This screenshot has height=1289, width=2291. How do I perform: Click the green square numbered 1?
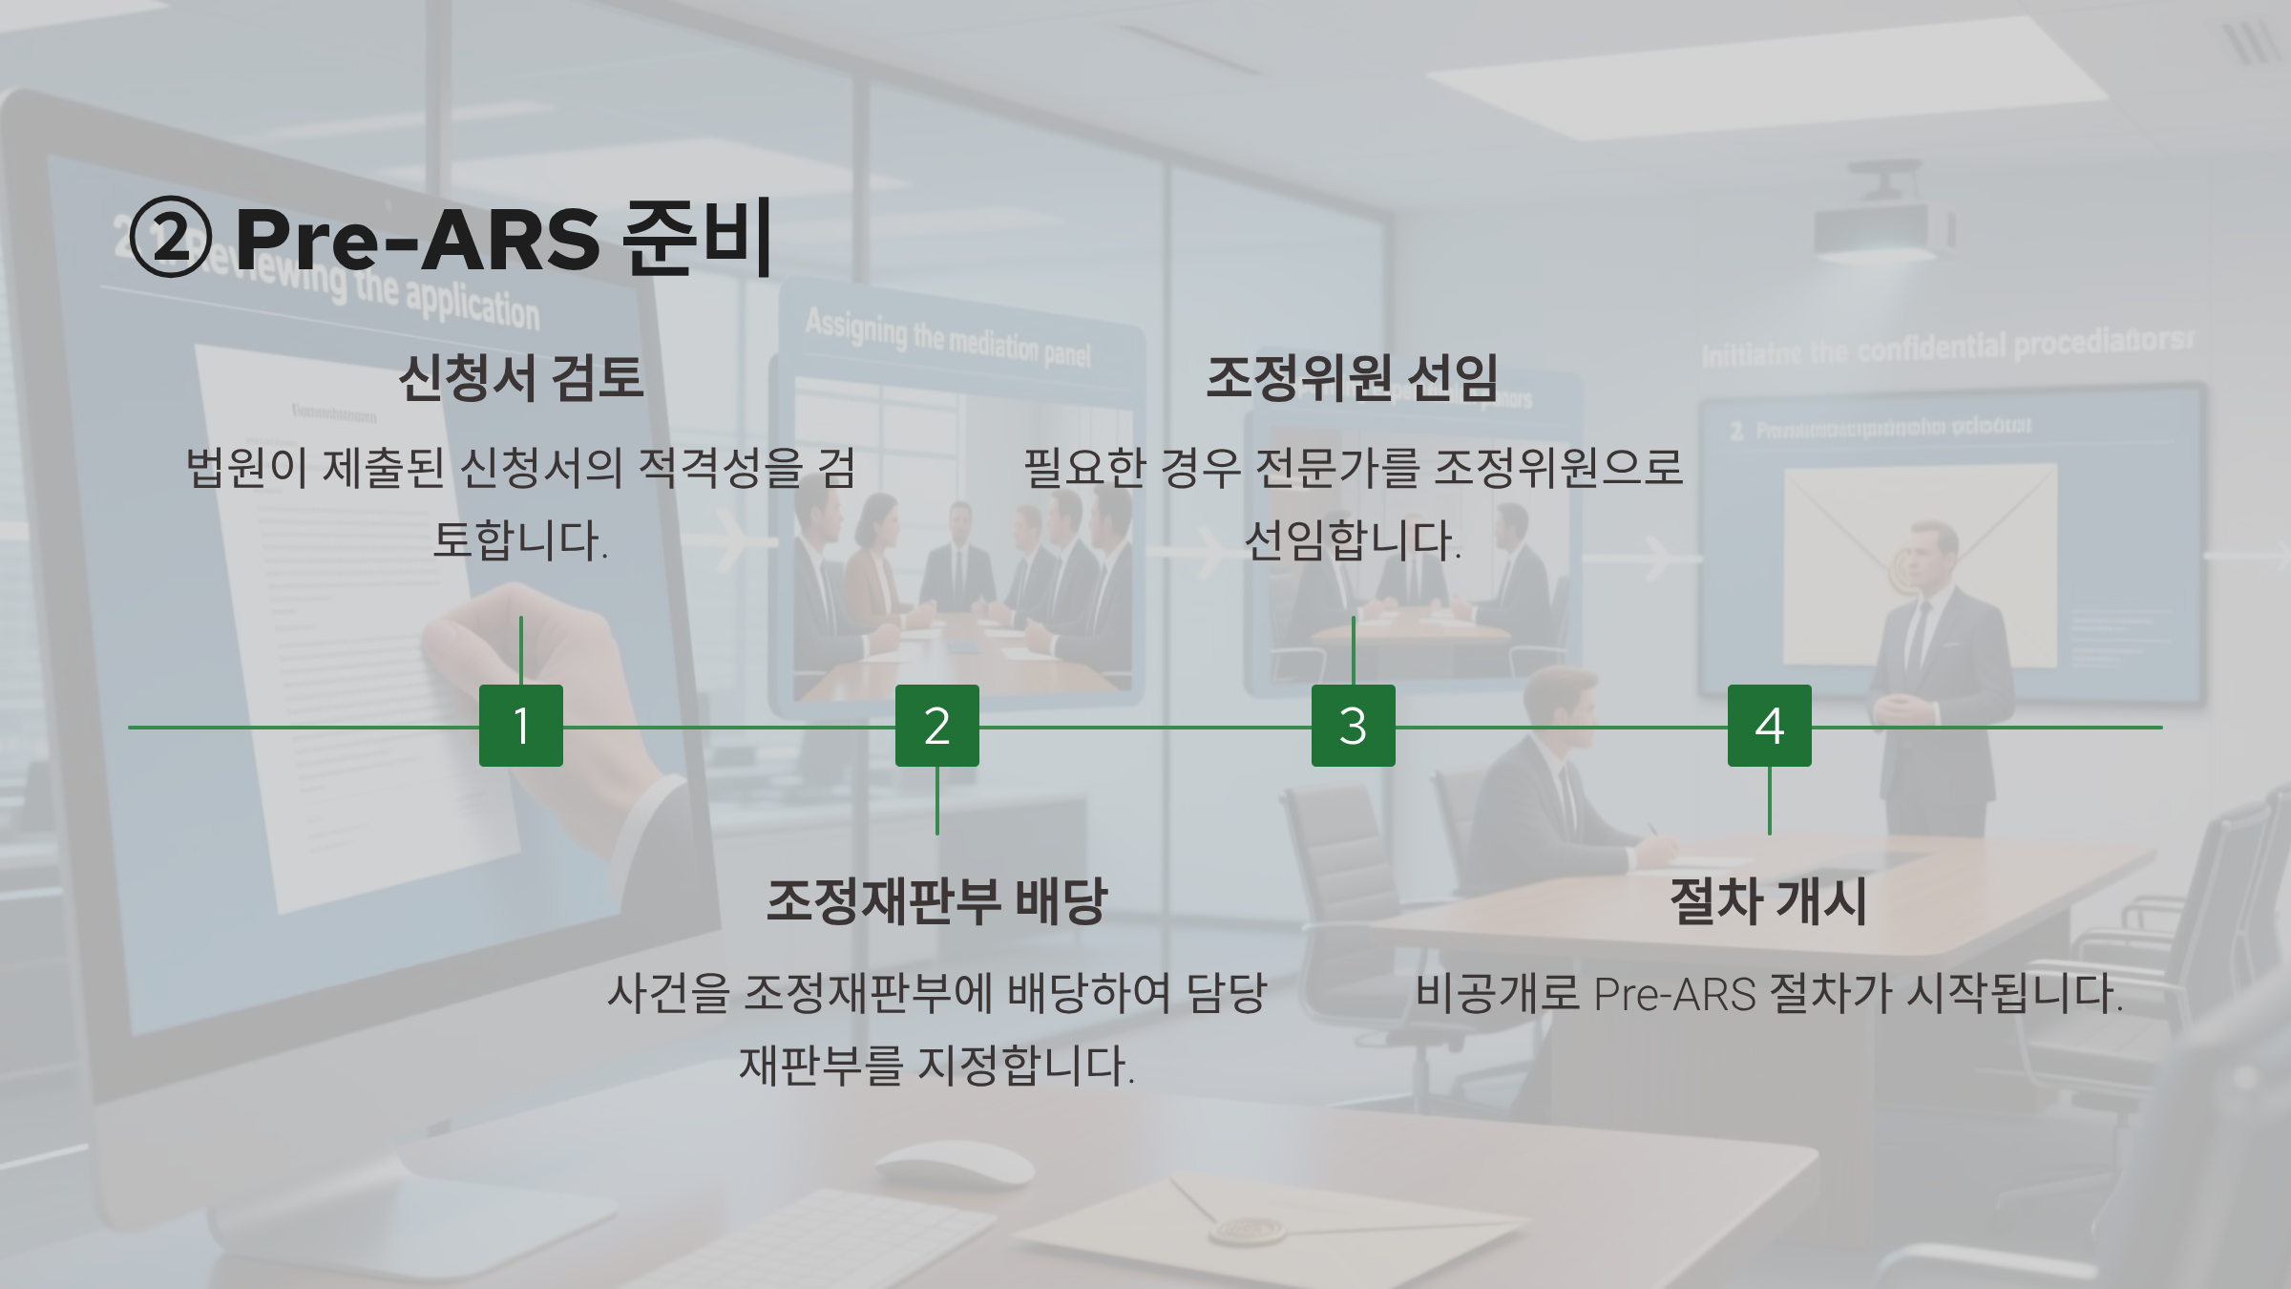520,726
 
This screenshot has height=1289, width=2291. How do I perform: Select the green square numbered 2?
936,726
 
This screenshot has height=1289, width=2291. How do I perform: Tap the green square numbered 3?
1353,726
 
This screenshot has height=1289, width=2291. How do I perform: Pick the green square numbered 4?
1769,726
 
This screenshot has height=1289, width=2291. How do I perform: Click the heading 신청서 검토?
520,377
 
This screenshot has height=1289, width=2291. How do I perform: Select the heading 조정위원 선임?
1352,377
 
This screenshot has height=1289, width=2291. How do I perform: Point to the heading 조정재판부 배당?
936,900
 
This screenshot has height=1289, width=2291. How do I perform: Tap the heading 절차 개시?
1768,900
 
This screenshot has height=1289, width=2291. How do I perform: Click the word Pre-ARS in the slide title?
417,239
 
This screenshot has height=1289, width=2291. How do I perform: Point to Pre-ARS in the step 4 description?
1674,994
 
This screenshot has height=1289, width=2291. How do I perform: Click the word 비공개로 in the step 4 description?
1497,994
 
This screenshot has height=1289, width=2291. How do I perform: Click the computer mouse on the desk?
955,1166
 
